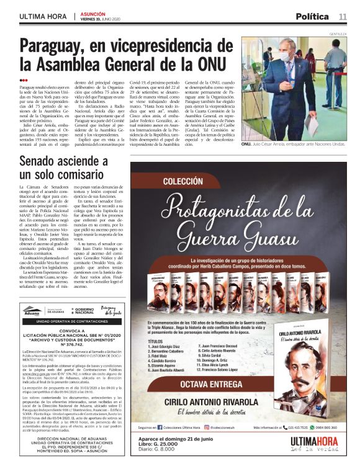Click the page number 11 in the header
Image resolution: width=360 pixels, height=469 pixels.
point(343,16)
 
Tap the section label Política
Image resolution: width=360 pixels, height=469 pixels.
point(312,16)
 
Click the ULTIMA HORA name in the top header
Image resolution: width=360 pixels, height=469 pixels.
point(44,16)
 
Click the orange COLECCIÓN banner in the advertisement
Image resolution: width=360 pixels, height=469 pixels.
point(184,182)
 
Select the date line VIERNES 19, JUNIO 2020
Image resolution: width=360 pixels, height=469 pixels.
point(100,19)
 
